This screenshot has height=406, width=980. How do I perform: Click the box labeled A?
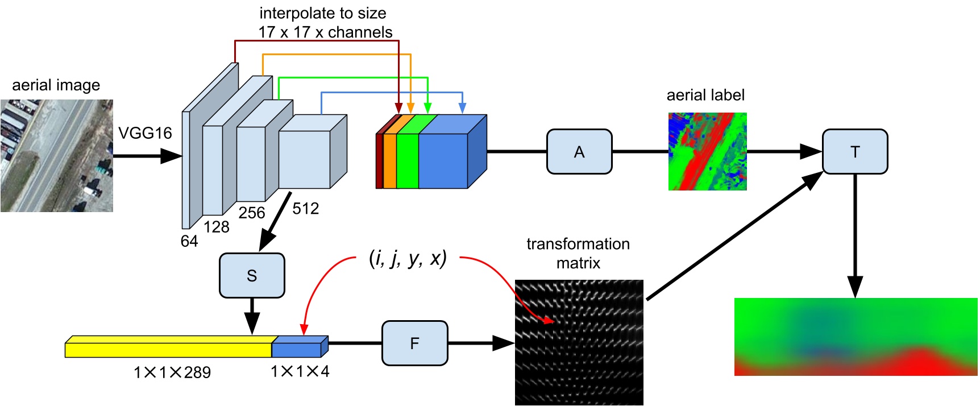click(579, 152)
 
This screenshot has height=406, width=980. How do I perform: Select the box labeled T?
click(854, 152)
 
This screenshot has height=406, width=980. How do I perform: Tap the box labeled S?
click(252, 276)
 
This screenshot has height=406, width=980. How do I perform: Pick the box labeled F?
click(414, 343)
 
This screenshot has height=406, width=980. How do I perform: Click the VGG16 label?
click(145, 133)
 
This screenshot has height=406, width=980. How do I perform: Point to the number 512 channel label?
click(306, 209)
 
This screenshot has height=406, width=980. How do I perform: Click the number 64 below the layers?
click(189, 241)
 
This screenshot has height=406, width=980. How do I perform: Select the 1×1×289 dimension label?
click(172, 372)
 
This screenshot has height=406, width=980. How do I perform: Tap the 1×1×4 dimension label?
click(300, 371)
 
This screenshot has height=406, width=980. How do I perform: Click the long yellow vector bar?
click(168, 347)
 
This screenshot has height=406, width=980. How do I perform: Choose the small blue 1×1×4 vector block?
click(298, 347)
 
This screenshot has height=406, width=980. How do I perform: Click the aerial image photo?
click(56, 156)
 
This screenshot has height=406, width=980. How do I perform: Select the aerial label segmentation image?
click(707, 151)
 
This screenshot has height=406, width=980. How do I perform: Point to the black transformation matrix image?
click(579, 342)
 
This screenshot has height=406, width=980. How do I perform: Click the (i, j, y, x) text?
click(408, 258)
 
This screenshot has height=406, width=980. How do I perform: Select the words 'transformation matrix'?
click(578, 253)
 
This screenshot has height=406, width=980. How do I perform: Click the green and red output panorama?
click(855, 337)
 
